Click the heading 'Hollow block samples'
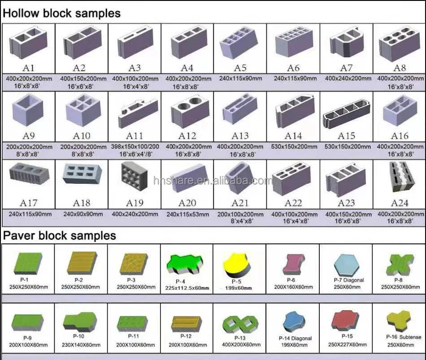click(x=61, y=13)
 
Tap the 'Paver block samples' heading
click(x=59, y=235)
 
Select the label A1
click(x=28, y=68)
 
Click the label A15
click(x=346, y=135)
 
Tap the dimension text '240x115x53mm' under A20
click(x=187, y=214)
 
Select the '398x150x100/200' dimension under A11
click(x=135, y=147)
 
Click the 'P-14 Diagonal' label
click(x=295, y=338)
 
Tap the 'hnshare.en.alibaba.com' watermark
click(x=213, y=181)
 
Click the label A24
click(x=400, y=203)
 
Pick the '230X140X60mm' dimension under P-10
click(x=81, y=345)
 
